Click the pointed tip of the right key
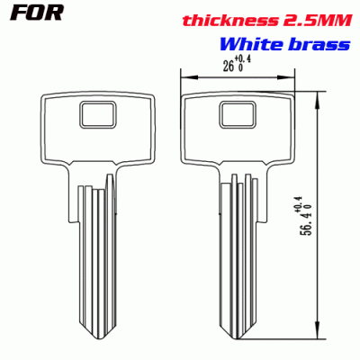click(x=238, y=342)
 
